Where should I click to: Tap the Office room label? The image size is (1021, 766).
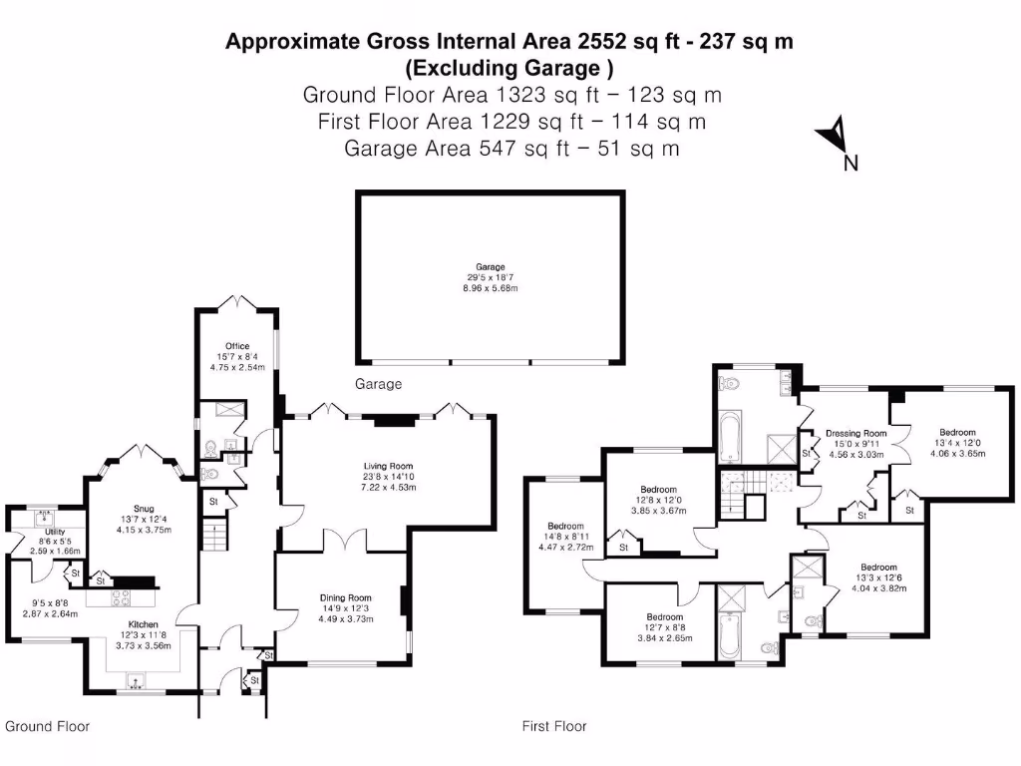(x=236, y=346)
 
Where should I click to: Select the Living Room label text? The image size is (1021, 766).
(x=387, y=466)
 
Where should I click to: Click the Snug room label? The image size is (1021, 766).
(x=145, y=506)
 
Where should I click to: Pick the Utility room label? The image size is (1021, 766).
(x=54, y=532)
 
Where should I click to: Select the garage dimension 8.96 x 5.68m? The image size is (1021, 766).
(x=490, y=288)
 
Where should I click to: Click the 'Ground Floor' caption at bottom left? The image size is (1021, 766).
(x=47, y=726)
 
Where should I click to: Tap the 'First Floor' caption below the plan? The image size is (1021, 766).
(x=554, y=726)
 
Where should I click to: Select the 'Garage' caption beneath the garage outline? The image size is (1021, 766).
(x=379, y=384)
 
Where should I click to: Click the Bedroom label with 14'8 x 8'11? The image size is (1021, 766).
(x=565, y=526)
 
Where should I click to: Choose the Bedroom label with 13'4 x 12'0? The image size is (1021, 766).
(x=957, y=433)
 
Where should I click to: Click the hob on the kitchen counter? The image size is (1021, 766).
(x=121, y=598)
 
